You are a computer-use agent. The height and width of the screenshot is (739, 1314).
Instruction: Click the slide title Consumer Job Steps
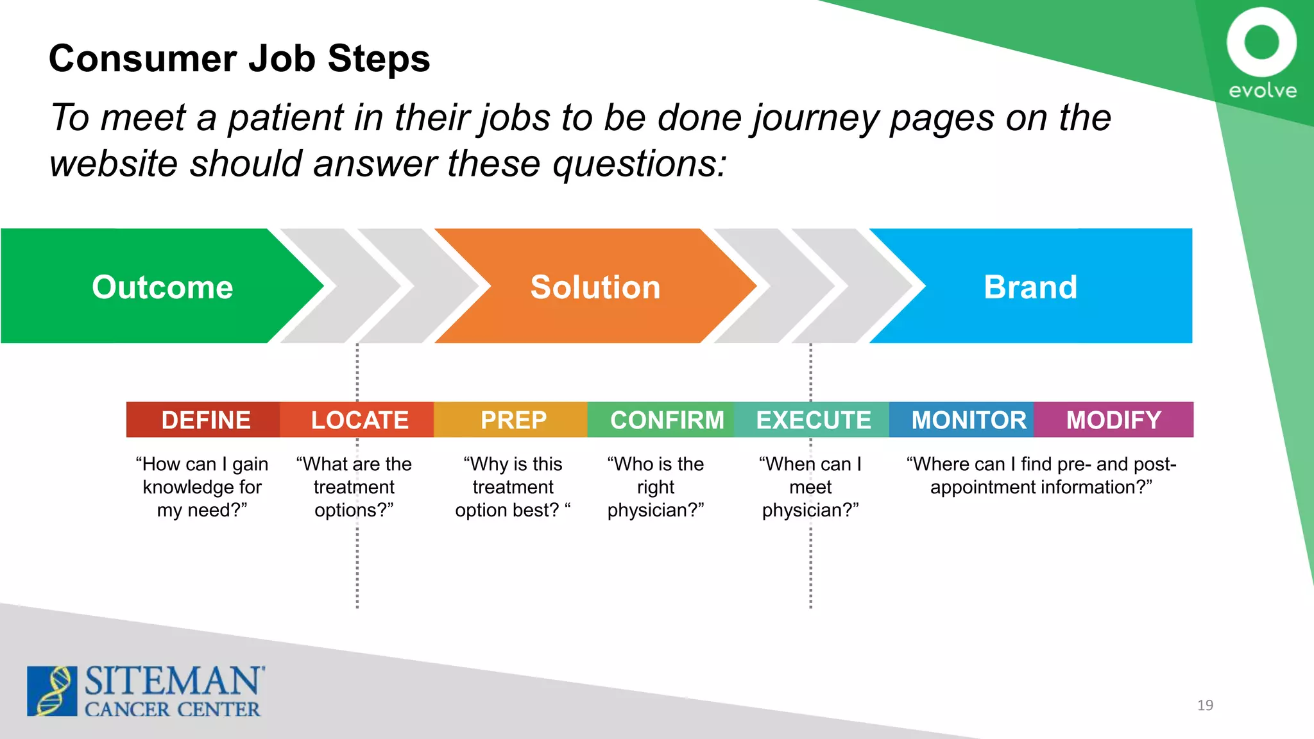tap(239, 58)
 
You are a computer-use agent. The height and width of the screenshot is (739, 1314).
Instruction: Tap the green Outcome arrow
tap(162, 286)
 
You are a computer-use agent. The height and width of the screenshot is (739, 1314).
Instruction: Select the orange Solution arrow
tap(595, 286)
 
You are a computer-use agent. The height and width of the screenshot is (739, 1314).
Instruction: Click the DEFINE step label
tap(205, 420)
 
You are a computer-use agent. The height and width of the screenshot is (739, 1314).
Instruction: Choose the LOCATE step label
tap(359, 420)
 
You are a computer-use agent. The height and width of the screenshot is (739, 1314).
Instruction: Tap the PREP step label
tap(513, 420)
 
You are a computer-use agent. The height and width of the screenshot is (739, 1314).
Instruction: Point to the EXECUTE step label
tap(813, 420)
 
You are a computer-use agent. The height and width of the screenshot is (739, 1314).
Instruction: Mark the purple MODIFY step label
tap(1114, 420)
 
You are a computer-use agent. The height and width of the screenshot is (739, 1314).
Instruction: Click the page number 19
tap(1205, 705)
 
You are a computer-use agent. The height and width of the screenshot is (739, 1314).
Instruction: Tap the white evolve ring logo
tap(1261, 42)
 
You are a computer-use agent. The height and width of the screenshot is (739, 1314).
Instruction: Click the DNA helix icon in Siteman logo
tap(52, 691)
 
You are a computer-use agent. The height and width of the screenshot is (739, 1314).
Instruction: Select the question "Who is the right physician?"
tap(655, 487)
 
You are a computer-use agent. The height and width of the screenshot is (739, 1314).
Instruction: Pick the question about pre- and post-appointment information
tap(1041, 475)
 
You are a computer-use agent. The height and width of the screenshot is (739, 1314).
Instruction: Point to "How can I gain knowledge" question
tap(202, 487)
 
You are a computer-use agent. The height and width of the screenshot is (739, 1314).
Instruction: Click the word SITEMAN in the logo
tap(173, 681)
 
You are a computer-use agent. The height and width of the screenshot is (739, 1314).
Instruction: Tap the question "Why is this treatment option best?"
tap(513, 487)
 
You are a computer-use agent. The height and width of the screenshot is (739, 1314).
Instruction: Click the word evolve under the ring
tap(1262, 90)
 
